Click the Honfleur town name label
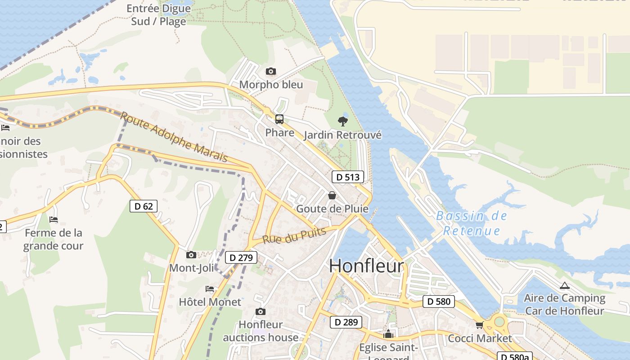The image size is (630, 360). pos(366,266)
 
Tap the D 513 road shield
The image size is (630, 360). pos(348,177)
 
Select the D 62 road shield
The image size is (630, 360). pos(143,206)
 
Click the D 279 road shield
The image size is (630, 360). pos(241,257)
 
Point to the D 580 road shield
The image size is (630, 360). pos(438,301)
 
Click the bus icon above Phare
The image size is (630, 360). pos(279,119)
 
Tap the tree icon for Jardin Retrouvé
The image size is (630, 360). pos(342,121)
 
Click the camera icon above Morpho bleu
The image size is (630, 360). pos(270,71)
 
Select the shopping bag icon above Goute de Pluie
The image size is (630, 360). pos(332,195)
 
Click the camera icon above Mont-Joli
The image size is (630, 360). pos(191,255)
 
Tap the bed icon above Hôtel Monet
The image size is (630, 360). pos(210,288)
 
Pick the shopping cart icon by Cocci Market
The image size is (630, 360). pos(479,325)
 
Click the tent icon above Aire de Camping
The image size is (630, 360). pos(564,285)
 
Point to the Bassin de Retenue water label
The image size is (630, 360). pos(472,223)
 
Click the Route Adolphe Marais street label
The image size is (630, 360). pos(174,137)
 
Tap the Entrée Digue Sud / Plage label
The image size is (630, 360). pos(158,15)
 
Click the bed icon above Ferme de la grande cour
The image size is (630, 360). pos(54,220)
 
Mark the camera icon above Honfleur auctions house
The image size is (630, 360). pos(260,311)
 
